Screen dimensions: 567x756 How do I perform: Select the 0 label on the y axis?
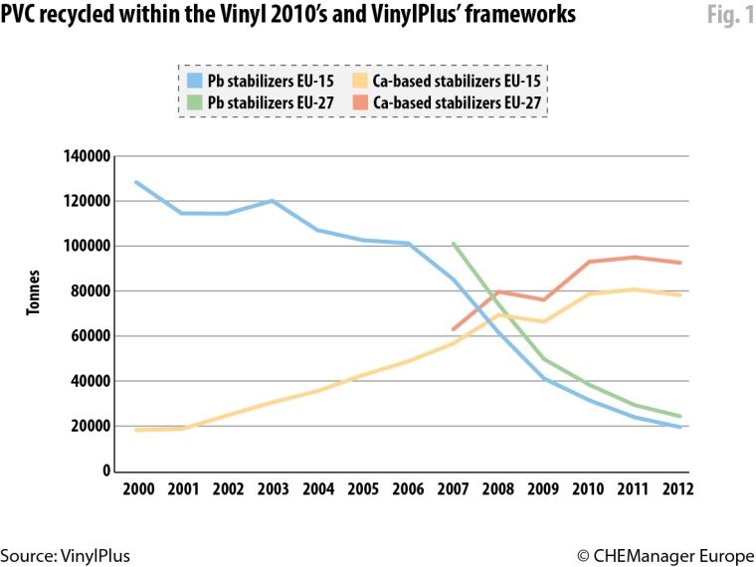[x=103, y=471]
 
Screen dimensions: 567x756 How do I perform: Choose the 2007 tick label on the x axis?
[x=454, y=489]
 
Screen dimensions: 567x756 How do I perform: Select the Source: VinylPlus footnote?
[x=66, y=555]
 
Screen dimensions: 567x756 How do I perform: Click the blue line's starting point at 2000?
[x=135, y=182]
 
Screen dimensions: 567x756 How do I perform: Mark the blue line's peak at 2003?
[x=272, y=201]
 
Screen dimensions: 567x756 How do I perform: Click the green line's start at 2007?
[x=454, y=243]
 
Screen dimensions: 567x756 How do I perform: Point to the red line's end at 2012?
[x=680, y=263]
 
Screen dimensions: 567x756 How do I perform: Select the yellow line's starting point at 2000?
[x=135, y=430]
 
